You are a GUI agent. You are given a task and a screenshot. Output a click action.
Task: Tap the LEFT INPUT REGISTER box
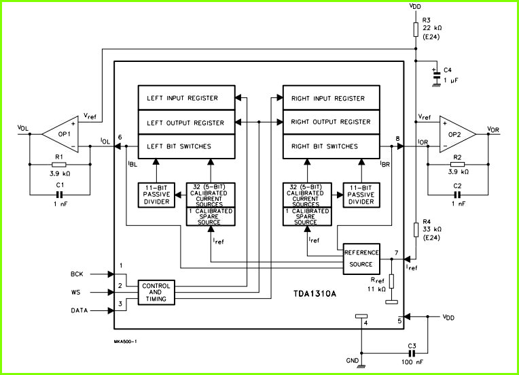click(186, 98)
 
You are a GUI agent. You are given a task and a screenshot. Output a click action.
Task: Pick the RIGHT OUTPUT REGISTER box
click(332, 122)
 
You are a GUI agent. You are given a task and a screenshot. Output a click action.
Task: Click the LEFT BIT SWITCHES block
click(186, 146)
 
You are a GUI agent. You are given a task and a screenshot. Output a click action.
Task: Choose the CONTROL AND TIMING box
click(156, 293)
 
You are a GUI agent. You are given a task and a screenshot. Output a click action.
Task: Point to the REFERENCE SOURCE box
click(361, 259)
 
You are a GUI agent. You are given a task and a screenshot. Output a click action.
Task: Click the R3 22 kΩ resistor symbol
click(416, 29)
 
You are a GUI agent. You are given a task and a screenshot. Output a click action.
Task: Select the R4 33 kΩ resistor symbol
click(416, 230)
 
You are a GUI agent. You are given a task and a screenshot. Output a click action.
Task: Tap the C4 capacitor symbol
click(437, 76)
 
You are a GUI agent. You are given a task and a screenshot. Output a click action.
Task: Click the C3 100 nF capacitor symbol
click(412, 353)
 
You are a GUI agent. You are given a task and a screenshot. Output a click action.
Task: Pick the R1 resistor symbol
click(59, 165)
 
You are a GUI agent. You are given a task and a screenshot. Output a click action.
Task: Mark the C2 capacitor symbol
click(457, 195)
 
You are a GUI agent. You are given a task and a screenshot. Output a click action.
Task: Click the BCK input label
click(77, 274)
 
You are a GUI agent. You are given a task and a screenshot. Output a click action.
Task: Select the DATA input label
click(79, 310)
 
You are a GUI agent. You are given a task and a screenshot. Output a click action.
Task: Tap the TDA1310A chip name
click(315, 294)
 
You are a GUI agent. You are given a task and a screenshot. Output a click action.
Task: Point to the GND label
click(352, 361)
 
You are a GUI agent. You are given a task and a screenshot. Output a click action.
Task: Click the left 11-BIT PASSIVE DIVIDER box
click(156, 195)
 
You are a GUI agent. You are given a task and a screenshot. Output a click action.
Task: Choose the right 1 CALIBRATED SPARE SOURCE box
click(307, 217)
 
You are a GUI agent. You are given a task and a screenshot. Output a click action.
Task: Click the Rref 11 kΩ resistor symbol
click(391, 281)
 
